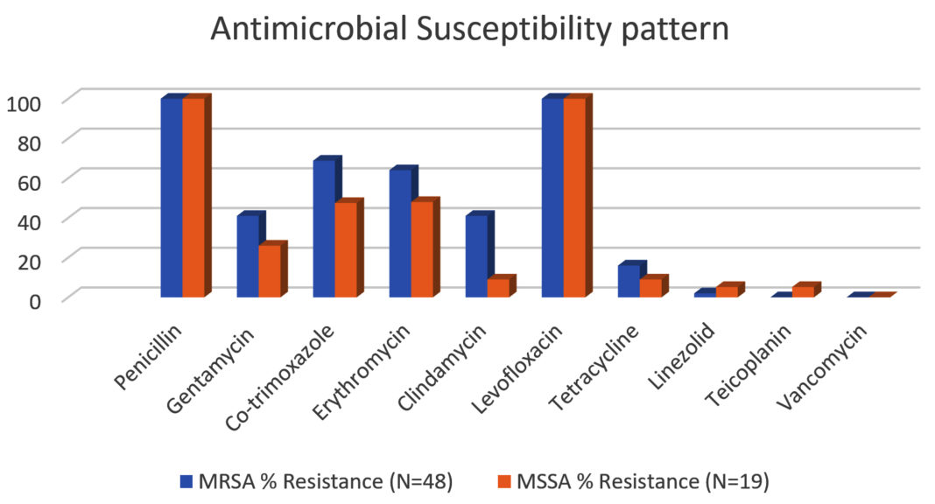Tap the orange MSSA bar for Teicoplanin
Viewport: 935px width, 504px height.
803,291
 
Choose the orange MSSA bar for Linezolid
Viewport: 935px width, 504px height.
727,291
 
